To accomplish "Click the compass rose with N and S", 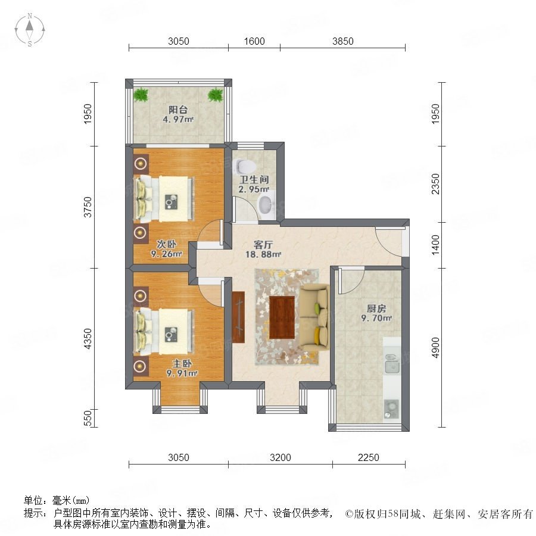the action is (30, 30).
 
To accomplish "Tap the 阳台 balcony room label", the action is (178, 110).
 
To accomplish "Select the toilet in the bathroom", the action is (246, 166).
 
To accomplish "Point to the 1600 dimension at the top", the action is (254, 41).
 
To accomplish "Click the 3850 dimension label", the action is (343, 41).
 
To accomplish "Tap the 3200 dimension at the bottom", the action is (281, 457).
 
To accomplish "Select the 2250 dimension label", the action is (369, 457).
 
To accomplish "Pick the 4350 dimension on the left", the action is (88, 338).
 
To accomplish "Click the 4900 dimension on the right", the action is (435, 348).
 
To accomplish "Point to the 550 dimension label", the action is (88, 418).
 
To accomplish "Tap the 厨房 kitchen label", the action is (376, 308).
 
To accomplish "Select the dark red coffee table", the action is (282, 317).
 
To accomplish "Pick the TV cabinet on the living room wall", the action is (238, 317).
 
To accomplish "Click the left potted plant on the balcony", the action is (141, 95).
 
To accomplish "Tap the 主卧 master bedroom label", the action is (182, 363).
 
